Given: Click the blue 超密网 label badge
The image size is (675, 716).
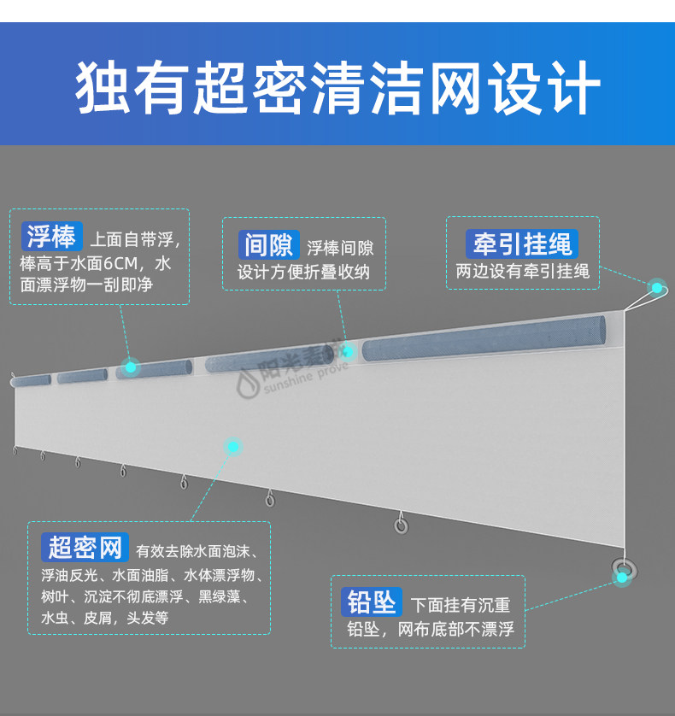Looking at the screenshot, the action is click(85, 547).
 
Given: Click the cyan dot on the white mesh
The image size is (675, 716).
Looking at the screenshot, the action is click(232, 446).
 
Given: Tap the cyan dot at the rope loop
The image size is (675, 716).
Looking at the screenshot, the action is click(657, 287).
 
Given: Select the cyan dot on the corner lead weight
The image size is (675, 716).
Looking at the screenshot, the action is click(623, 578).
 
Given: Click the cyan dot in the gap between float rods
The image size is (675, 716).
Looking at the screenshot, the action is click(348, 351).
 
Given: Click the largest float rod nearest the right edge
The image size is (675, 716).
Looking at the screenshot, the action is click(484, 340).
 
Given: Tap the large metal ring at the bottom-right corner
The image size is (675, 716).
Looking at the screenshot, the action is click(623, 567).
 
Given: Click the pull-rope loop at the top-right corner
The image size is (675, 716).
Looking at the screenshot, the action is click(647, 296).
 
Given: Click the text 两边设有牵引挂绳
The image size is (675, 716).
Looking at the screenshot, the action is click(522, 272).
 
